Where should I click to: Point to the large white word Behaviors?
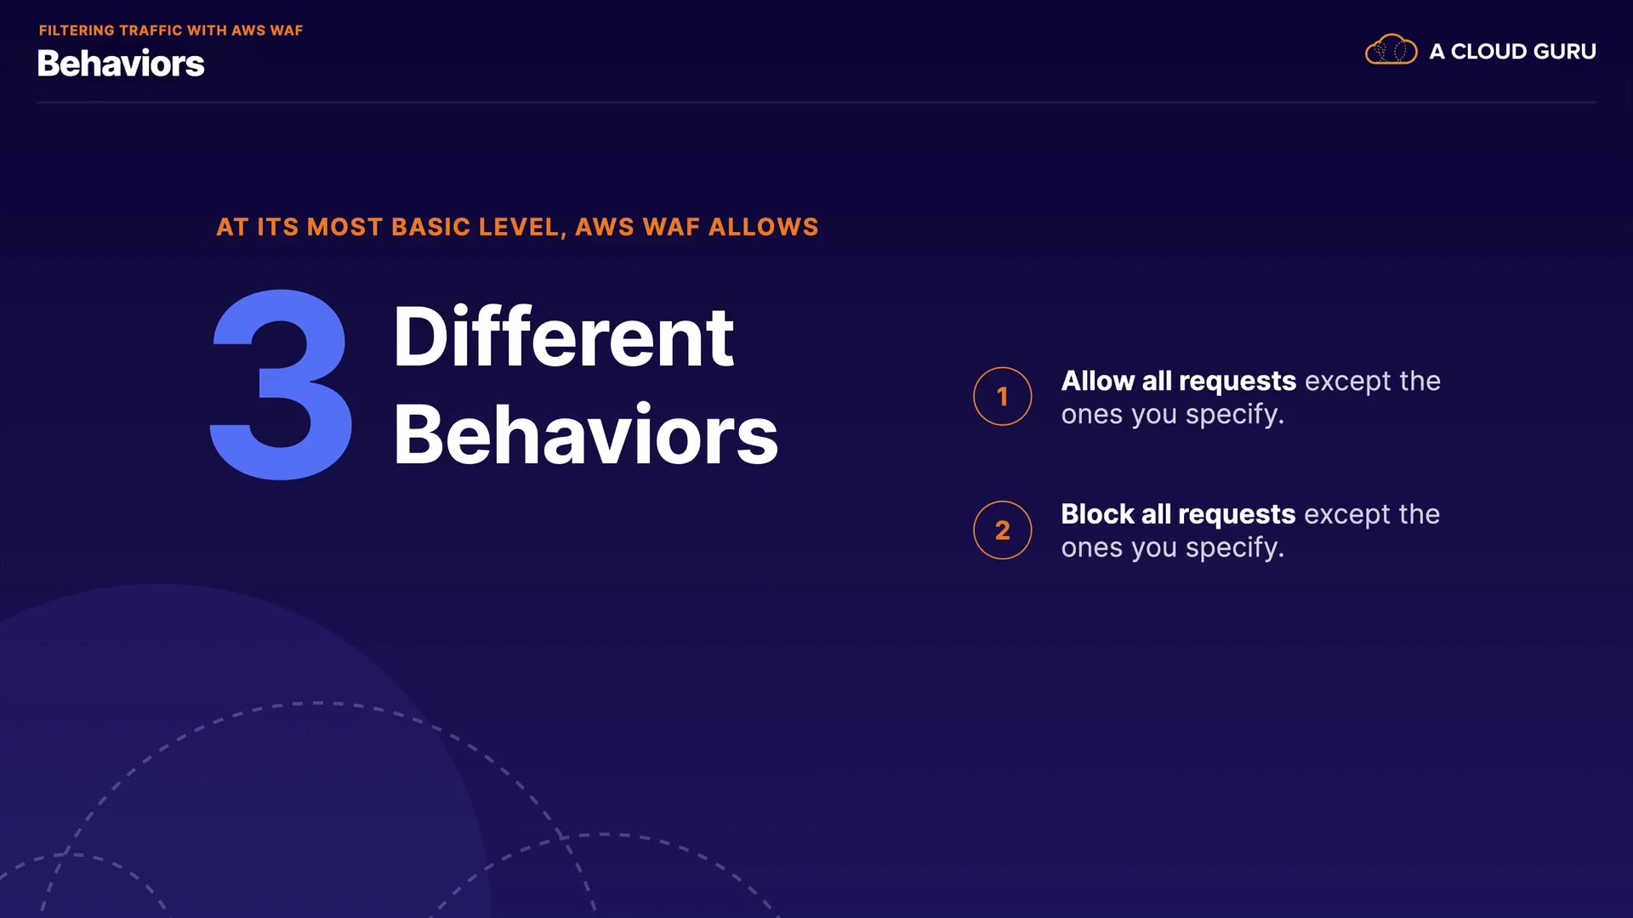coord(586,434)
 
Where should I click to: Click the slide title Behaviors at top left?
coord(121,64)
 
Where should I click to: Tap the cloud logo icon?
coord(1391,50)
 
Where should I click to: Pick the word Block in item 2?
coord(1098,514)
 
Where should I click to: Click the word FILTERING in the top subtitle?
coord(77,31)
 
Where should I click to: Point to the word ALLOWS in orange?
coord(764,227)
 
